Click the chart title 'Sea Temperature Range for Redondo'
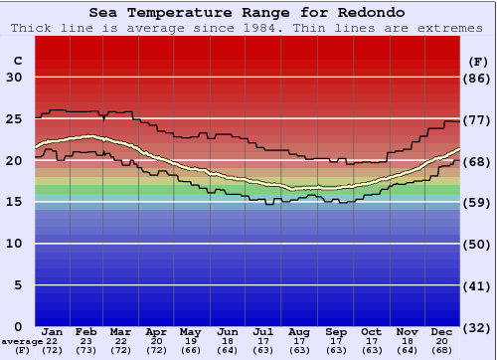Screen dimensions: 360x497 248,13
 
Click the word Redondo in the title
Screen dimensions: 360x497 347,13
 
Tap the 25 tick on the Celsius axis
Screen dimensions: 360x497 14,118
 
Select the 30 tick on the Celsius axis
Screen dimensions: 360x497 14,78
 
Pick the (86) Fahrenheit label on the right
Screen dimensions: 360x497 478,78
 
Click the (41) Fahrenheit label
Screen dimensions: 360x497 478,284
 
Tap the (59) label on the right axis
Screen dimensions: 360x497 478,202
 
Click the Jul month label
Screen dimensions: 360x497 263,331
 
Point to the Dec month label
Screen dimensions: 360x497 442,331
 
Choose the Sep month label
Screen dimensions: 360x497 335,331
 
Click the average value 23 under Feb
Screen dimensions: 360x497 86,341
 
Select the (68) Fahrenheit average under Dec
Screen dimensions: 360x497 442,351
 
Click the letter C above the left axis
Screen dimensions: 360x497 17,61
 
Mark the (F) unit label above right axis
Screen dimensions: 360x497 478,61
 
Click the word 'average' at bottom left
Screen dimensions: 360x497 21,341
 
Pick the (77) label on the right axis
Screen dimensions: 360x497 478,118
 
